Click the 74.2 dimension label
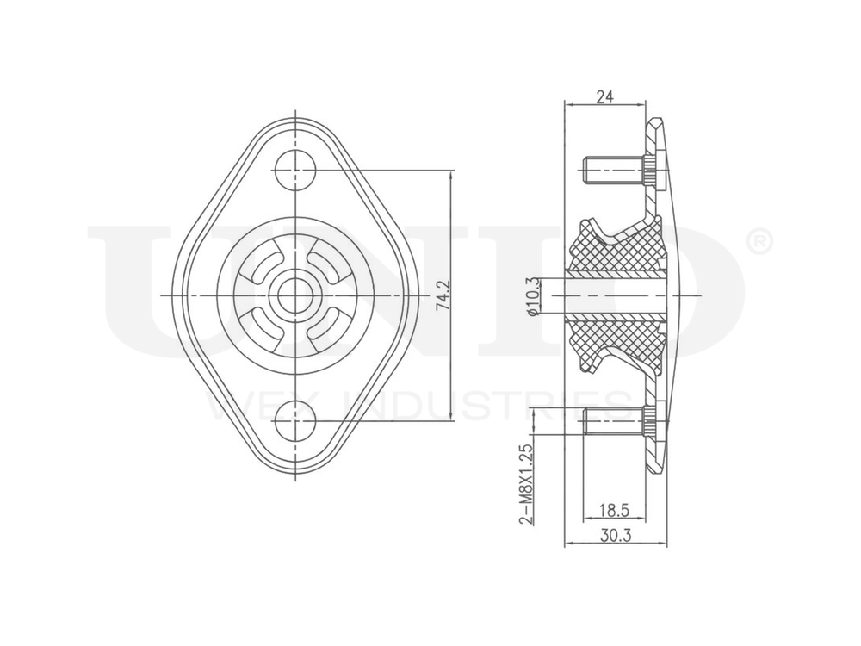tap(443, 294)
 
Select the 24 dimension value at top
tap(604, 97)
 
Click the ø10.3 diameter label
tap(534, 296)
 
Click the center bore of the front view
tap(295, 295)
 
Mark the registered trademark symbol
tap(757, 244)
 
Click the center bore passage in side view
tap(615, 295)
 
